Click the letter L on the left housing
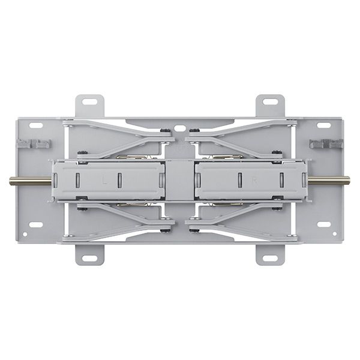105,179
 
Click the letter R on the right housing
254,179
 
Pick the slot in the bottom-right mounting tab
269,258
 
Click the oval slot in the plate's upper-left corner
36,126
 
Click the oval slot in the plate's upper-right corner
324,126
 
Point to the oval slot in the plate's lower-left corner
36,225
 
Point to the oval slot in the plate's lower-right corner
324,225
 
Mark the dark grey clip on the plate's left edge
34,144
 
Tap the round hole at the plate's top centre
179,128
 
